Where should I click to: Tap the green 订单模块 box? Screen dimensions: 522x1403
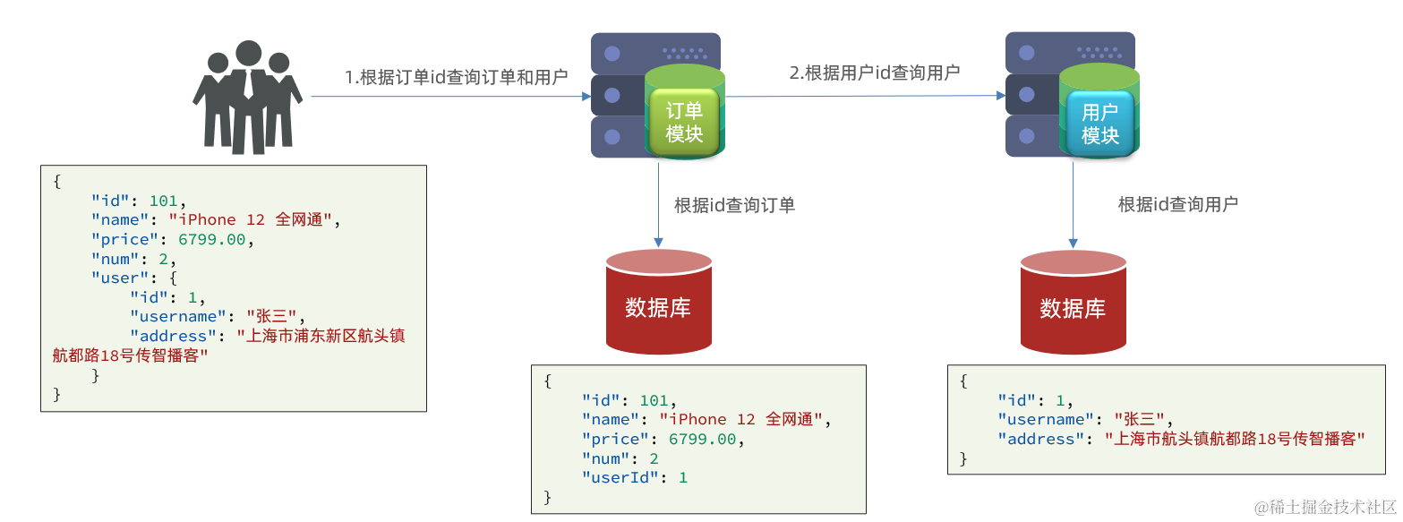click(684, 123)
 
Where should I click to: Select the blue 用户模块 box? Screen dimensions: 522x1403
click(1099, 124)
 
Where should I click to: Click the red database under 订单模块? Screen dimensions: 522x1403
click(658, 303)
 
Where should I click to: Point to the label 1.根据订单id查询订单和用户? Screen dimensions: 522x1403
click(457, 77)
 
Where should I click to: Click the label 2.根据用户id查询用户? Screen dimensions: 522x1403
click(874, 73)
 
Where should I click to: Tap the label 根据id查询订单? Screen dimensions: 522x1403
click(734, 205)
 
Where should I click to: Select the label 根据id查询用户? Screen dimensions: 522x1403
click(1177, 204)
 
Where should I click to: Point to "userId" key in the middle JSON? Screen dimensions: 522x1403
click(620, 478)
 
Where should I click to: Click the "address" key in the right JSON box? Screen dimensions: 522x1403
click(1041, 440)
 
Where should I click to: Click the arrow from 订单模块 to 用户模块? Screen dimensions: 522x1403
click(864, 95)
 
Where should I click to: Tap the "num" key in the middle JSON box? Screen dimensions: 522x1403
click(606, 459)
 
